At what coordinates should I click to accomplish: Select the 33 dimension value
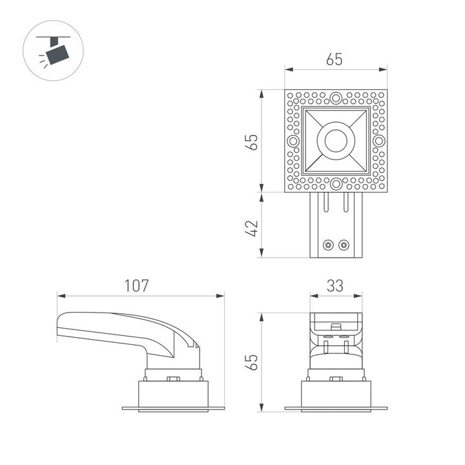[x=335, y=285]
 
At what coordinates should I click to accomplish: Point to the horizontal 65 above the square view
[x=335, y=59]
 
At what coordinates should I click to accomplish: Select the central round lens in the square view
[x=336, y=141]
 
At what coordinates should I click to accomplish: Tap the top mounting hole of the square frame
[x=336, y=98]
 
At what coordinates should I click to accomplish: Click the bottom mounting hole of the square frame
[x=336, y=184]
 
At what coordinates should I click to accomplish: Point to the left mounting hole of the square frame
[x=293, y=141]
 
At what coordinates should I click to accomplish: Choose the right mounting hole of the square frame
[x=378, y=141]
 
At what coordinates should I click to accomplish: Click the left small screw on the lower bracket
[x=329, y=245]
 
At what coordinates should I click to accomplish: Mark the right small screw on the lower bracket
[x=344, y=245]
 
